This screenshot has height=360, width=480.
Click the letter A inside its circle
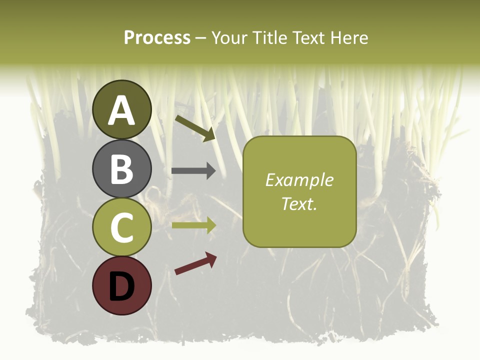coord(121,111)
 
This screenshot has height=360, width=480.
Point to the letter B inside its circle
coord(121,169)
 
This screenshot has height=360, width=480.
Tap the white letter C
coord(121,227)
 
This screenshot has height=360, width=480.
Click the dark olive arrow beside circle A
coord(195,128)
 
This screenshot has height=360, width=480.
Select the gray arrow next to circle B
coord(193,171)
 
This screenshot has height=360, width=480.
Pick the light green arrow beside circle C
coord(193,225)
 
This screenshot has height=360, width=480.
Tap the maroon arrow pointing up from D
coord(195,263)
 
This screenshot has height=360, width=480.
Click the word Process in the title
coord(157,38)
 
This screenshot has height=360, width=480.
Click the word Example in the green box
coord(299,180)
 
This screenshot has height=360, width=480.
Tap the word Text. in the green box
coord(299,203)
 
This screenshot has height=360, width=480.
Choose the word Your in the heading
coord(229,38)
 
